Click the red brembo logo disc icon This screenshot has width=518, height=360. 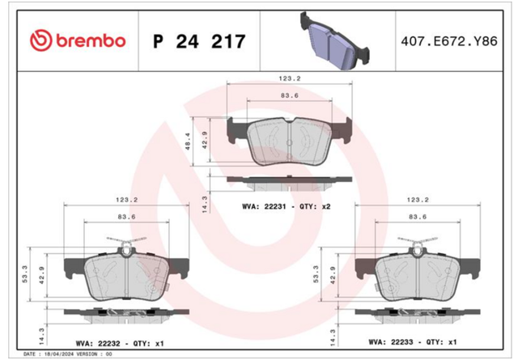point(41,40)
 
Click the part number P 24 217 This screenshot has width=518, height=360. point(199,41)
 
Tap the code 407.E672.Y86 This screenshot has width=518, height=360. point(449,41)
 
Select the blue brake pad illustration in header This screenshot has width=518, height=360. point(334,41)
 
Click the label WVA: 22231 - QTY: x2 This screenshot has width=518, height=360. point(286,207)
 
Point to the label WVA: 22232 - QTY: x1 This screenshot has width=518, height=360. point(120,344)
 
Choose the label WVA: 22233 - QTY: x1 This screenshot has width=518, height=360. point(413,342)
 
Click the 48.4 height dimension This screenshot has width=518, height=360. point(188,142)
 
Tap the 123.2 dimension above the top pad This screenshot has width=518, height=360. point(290,78)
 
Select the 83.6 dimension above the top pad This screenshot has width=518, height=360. point(290,95)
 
